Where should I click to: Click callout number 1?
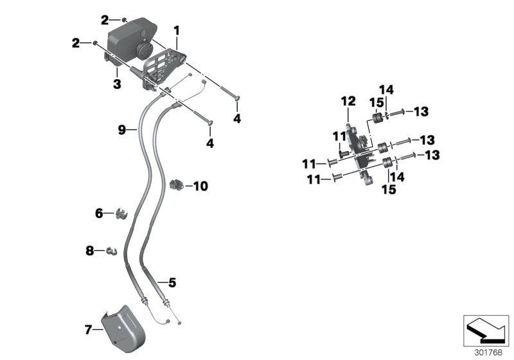tap(177, 30)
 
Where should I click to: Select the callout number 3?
tap(118, 84)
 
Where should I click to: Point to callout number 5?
tap(172, 282)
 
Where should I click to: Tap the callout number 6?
tap(99, 213)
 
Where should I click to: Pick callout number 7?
tap(89, 330)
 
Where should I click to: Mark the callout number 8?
tap(90, 250)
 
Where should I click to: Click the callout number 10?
tap(200, 186)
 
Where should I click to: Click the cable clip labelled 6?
tap(120, 213)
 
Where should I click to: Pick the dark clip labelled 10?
tap(175, 186)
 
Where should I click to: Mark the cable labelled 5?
tap(154, 257)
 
